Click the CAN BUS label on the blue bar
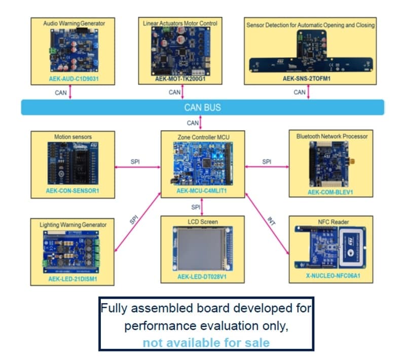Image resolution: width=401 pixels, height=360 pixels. point(202,108)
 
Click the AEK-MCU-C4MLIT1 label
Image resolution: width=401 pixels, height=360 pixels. point(202,192)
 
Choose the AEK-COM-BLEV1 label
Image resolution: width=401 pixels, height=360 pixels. point(331,192)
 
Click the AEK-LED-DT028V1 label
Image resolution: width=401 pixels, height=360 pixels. point(202,278)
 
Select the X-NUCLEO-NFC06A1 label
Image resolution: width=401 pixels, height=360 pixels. point(331,277)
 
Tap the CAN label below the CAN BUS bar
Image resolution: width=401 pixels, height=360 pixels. point(193,123)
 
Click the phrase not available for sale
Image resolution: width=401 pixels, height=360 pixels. point(206,343)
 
